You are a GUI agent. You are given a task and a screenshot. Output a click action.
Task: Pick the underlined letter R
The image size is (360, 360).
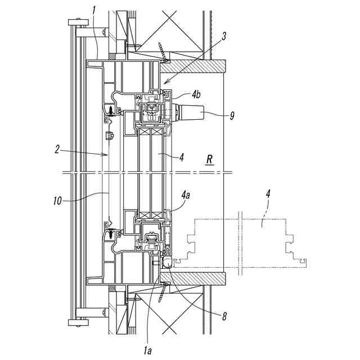point(209,159)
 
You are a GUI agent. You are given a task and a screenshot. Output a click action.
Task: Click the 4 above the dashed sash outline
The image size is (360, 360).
point(268,195)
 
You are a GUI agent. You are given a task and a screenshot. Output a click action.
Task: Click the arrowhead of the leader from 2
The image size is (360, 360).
point(107,154)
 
